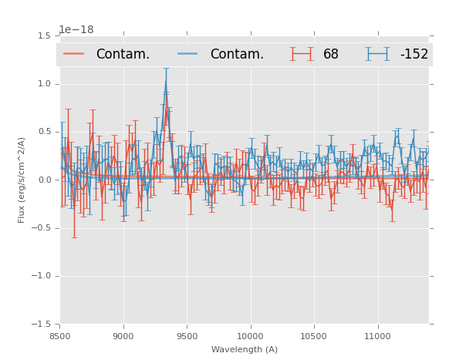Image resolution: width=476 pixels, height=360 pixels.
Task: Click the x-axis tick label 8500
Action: [x=60, y=336]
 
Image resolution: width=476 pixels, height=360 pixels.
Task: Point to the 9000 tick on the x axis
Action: [x=123, y=336]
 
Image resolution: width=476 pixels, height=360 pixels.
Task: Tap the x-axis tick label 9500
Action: [x=187, y=336]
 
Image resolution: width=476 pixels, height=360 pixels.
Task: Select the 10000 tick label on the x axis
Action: [x=250, y=336]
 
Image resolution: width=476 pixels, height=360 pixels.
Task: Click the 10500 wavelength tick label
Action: [x=314, y=336]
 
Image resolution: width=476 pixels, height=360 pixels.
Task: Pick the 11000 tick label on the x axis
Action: [x=377, y=336]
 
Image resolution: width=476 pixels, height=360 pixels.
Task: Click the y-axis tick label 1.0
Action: [x=46, y=84]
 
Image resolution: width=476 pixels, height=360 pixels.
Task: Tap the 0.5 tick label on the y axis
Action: [x=46, y=132]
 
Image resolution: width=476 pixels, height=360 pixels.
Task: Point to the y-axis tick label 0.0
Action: [x=46, y=180]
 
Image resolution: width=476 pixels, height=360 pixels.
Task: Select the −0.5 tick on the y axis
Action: [x=43, y=228]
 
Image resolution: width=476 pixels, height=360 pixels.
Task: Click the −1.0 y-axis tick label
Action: [x=43, y=276]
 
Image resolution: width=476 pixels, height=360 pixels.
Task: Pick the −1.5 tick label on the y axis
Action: [x=43, y=325]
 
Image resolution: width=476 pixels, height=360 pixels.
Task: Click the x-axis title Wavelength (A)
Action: [x=245, y=349]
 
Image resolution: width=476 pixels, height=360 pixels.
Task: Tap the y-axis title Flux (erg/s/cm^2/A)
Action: [x=22, y=180]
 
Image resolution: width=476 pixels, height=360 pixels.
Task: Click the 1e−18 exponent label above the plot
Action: [x=76, y=30]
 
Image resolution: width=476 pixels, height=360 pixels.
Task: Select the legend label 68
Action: [x=331, y=55]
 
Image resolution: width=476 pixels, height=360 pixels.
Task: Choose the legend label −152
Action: [x=414, y=55]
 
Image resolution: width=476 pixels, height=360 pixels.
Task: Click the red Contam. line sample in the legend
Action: [x=74, y=54]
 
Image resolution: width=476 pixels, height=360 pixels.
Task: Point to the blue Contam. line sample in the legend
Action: [x=187, y=54]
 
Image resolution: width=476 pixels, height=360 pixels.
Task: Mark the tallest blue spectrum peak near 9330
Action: [x=166, y=79]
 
